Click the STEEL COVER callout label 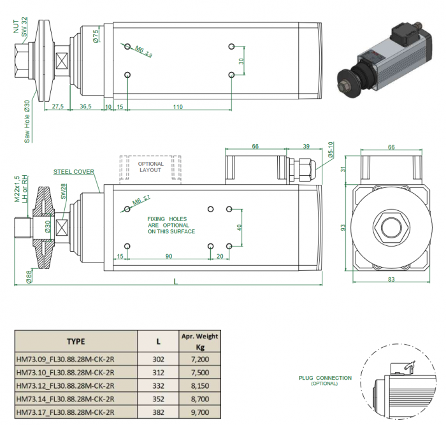[x=73, y=171]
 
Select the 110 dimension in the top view [x=177, y=107]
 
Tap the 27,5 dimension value [x=57, y=107]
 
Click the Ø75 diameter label [x=96, y=36]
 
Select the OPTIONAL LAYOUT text [x=151, y=167]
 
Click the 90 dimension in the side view [x=168, y=256]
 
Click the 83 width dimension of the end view [x=391, y=280]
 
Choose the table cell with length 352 [x=158, y=399]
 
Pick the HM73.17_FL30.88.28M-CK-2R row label [x=66, y=412]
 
